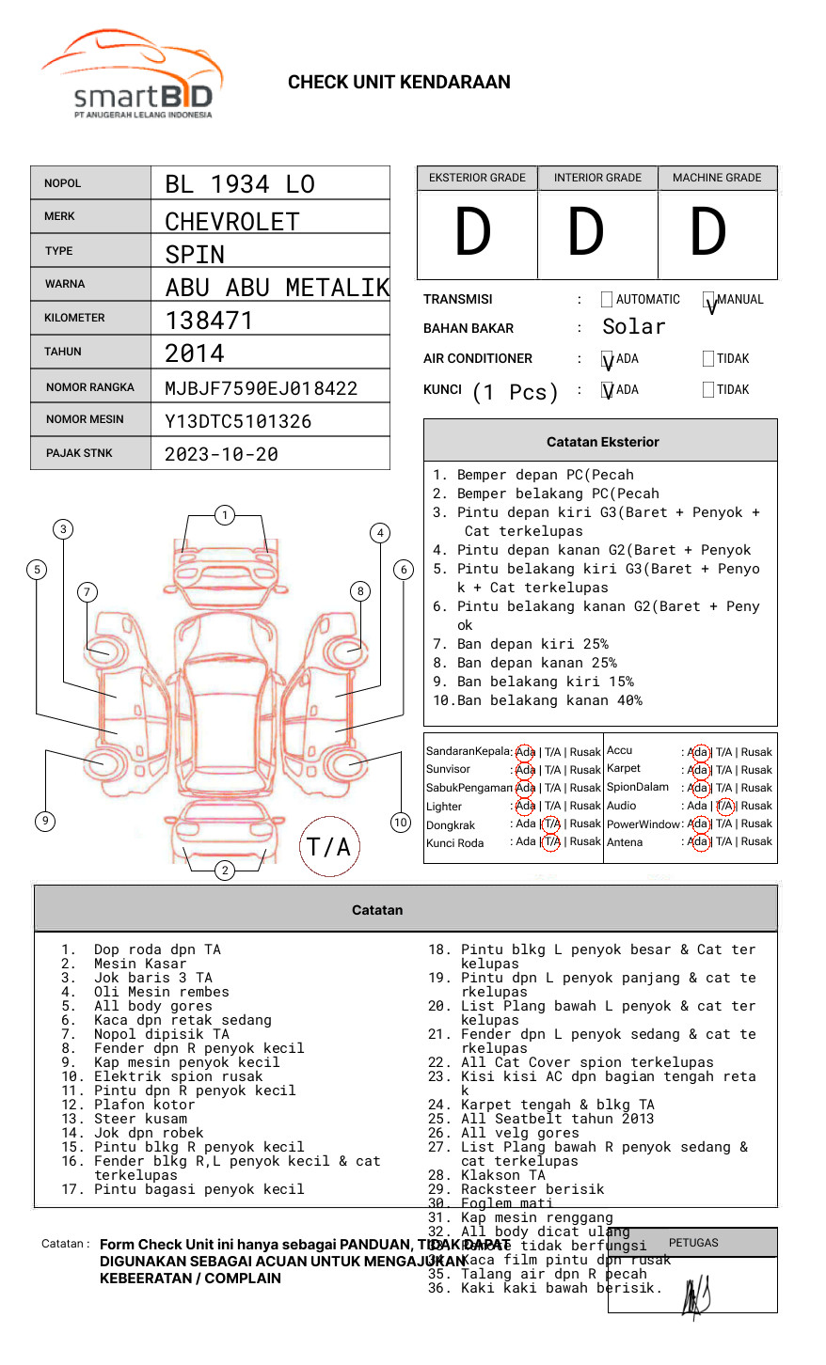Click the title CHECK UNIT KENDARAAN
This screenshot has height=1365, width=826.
pos(399,83)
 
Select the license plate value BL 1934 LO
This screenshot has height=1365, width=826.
pos(240,184)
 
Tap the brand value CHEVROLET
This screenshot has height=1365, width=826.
pos(232,222)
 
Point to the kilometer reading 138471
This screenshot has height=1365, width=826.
pos(209,321)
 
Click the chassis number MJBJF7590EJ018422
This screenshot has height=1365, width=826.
pos(262,388)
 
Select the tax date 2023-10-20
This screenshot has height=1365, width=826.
pos(221,454)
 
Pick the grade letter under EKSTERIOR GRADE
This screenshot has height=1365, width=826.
pos(473,233)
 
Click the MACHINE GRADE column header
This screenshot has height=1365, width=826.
pos(717,178)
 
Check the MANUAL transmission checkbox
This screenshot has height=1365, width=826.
pos(709,300)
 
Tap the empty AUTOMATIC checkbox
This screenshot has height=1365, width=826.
pos(607,300)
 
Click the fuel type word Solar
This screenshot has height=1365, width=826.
pos(633,327)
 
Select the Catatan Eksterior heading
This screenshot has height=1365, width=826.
pos(602,442)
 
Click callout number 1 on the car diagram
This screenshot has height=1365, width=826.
pos(224,515)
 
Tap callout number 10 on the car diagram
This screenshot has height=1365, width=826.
pos(401,823)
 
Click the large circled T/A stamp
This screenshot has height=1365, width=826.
pos(329,847)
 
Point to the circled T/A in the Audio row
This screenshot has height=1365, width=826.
pos(725,806)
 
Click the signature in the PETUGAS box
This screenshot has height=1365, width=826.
pos(696,1297)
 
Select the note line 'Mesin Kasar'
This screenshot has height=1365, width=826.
pos(140,964)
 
